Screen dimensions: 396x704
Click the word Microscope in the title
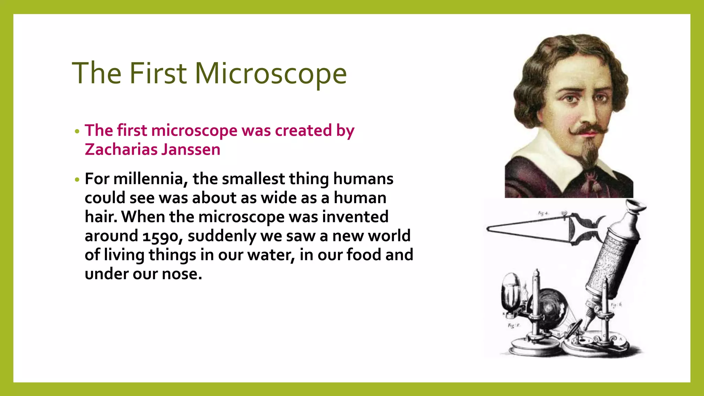pos(271,73)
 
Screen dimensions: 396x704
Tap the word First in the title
pos(158,73)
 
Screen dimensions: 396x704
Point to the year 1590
pos(161,236)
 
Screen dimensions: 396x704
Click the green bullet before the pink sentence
pos(77,131)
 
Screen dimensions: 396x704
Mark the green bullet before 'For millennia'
pos(77,179)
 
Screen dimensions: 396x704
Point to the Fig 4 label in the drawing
pos(543,213)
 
